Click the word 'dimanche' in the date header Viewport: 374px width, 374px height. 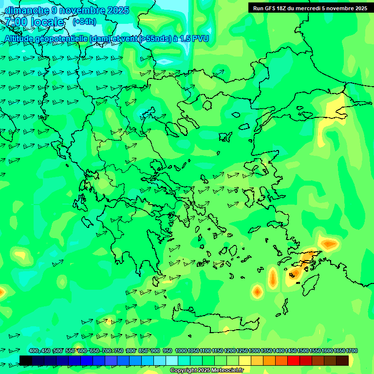coord(27,10)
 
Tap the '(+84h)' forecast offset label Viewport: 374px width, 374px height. coord(84,21)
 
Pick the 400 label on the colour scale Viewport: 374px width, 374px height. coord(34,351)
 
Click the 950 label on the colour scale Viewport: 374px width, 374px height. coord(167,351)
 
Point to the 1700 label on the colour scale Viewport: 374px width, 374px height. coord(351,351)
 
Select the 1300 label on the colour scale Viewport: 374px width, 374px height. coord(254,351)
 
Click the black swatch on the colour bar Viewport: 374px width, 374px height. coord(26,360)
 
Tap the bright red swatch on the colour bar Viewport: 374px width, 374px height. coord(293,360)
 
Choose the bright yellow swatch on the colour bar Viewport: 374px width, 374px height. coord(244,360)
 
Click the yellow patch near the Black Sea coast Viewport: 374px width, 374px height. coord(335,110)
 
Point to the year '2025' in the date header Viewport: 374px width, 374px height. coord(117,10)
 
